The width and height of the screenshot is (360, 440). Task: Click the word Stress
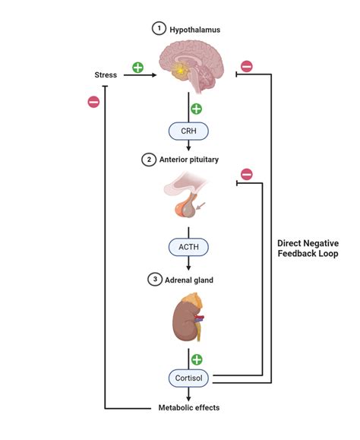click(106, 76)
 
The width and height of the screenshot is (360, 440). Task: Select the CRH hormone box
click(188, 131)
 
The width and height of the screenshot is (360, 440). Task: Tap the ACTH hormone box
click(188, 247)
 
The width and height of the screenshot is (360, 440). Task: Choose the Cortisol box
click(188, 376)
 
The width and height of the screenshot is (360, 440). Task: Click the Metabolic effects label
click(188, 407)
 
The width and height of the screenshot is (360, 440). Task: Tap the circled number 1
click(158, 29)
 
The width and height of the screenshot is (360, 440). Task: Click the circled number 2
click(148, 160)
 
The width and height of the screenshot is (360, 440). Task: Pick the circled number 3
click(155, 280)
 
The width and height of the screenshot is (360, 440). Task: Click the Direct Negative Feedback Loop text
click(308, 248)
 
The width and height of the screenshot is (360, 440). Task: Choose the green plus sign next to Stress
click(137, 67)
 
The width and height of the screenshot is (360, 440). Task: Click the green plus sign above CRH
click(196, 109)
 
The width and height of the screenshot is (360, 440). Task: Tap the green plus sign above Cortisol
click(196, 359)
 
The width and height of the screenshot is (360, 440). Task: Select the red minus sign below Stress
click(93, 102)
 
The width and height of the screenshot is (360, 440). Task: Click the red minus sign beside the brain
click(246, 67)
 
